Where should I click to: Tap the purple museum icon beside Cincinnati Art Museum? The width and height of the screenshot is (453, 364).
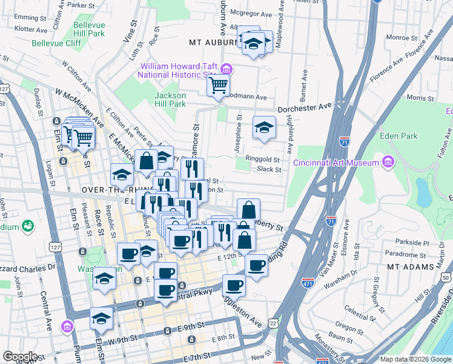[387, 162]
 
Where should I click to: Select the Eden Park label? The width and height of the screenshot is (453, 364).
[395, 136]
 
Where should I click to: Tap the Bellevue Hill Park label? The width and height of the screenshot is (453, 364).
[88, 30]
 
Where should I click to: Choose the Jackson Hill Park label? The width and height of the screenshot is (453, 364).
[170, 99]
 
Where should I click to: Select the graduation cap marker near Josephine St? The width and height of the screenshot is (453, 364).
[264, 127]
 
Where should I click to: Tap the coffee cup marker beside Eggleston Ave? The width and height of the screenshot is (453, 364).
[234, 285]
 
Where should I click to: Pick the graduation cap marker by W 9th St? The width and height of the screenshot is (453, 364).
[101, 318]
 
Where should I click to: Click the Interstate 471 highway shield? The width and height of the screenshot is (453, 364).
[308, 282]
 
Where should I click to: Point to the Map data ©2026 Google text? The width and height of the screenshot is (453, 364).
[415, 359]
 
